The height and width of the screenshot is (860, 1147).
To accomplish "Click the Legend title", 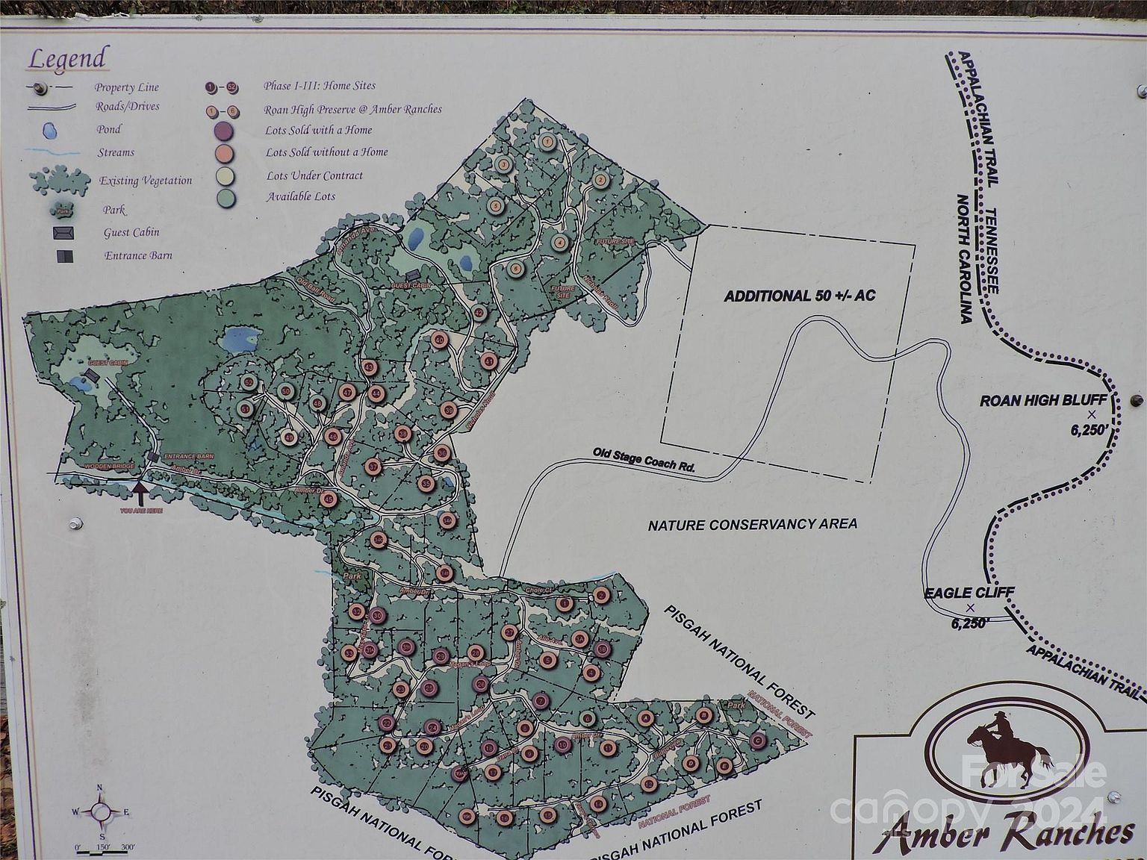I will tap(66, 58).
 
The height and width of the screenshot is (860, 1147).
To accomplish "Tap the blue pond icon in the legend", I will tap(50, 130).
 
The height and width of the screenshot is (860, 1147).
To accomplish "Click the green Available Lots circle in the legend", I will tap(224, 197).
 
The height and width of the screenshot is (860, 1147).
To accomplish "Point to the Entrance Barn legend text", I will tap(138, 255).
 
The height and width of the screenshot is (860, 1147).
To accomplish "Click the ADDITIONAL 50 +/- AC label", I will tap(799, 296).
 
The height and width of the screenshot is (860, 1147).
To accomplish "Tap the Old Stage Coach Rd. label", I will tap(644, 460).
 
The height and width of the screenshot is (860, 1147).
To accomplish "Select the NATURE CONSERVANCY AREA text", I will tap(752, 524).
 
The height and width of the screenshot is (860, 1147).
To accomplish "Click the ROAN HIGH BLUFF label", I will tap(1042, 400).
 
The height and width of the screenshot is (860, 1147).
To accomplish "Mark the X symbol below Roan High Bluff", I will tap(1091, 414).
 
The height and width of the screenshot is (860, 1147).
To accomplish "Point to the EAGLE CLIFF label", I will tap(969, 593).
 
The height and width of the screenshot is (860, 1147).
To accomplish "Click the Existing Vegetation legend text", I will tap(146, 181).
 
